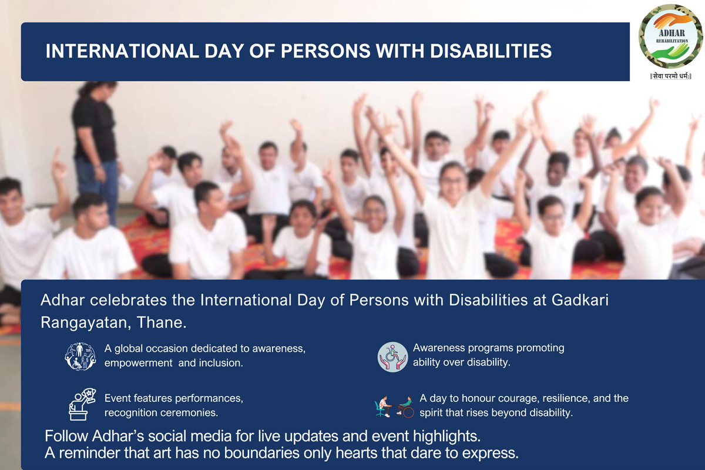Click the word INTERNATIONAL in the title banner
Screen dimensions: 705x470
[x=122, y=51]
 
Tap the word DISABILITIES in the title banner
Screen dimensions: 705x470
[x=491, y=51]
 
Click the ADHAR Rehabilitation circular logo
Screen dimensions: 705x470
[x=670, y=36]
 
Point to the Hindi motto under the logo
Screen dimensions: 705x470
[x=671, y=76]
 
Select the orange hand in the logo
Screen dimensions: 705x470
[x=672, y=21]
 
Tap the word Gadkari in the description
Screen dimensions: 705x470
[x=580, y=300]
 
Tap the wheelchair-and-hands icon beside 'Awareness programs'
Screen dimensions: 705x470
[x=392, y=357]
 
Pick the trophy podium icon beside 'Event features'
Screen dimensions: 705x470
[x=82, y=404]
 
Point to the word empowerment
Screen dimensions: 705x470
[x=139, y=363]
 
